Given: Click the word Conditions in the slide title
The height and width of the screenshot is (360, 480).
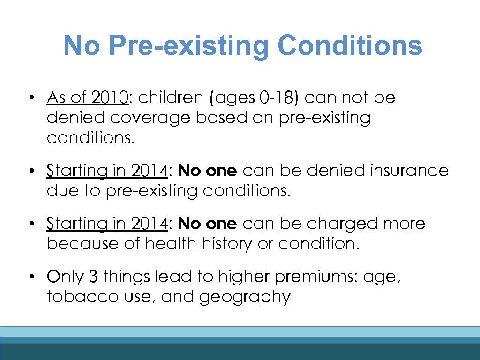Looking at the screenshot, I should tap(350, 45).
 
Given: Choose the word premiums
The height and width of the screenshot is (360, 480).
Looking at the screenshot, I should tap(309, 277).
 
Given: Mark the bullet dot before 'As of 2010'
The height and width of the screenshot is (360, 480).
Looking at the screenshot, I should tap(30, 98).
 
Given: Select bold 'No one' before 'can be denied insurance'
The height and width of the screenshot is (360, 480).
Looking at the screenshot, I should tap(208, 171).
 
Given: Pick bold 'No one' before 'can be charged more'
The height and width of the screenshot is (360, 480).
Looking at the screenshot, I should tap(208, 224).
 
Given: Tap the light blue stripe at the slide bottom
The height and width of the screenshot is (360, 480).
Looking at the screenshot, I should tap(240, 332).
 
